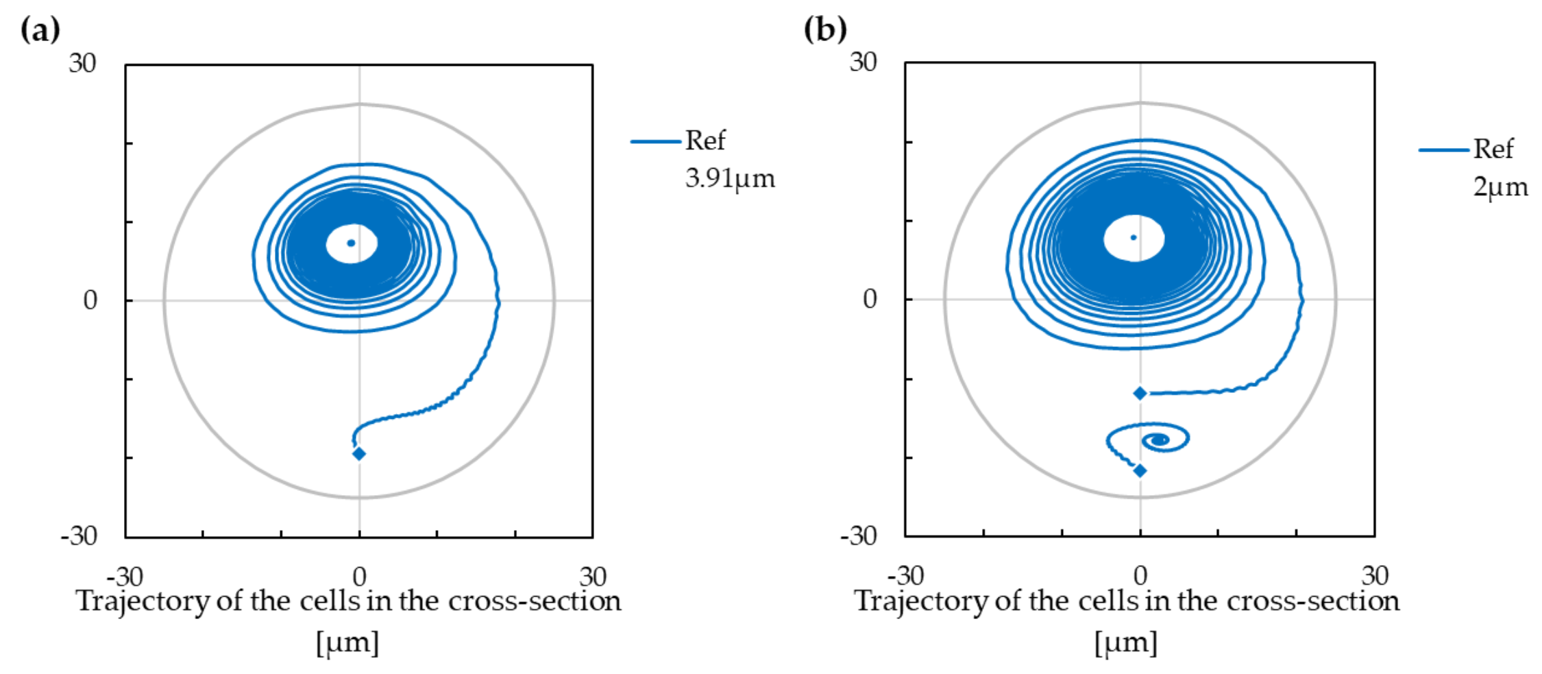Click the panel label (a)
click(40, 29)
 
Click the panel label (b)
click(824, 29)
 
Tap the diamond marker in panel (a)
click(358, 453)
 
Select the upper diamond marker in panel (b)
click(1140, 393)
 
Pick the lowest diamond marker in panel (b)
click(1140, 470)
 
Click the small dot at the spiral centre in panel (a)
click(351, 243)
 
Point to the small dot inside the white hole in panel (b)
click(1134, 238)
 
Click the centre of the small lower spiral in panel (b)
click(1160, 440)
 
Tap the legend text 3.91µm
click(730, 178)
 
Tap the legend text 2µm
click(1500, 186)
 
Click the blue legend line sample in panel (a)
click(655, 142)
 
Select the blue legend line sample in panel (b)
click(1443, 149)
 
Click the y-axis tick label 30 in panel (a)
click(82, 63)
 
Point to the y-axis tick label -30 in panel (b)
click(859, 535)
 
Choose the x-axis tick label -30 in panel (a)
click(125, 576)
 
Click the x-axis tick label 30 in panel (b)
click(1375, 575)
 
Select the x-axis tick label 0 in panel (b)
click(1140, 575)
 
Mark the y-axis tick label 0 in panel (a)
click(90, 300)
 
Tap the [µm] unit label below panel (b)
click(1126, 643)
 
